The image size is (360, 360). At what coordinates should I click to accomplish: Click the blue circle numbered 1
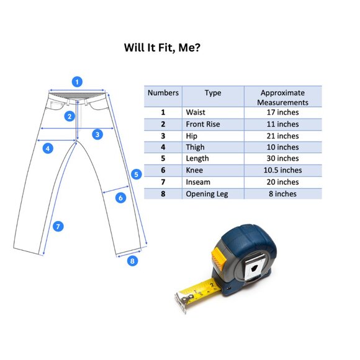[77, 82]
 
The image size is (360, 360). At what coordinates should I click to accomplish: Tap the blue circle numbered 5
[137, 174]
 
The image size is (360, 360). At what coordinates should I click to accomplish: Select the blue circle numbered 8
[132, 261]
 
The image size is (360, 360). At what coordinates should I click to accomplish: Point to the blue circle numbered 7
[58, 227]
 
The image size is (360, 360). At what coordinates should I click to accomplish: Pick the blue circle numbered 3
[97, 134]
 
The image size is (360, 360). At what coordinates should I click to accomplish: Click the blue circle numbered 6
[121, 197]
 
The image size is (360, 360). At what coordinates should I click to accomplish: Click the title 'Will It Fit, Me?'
[162, 48]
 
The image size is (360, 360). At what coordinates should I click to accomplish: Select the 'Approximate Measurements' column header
[282, 97]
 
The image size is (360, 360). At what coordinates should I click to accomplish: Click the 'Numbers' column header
[163, 92]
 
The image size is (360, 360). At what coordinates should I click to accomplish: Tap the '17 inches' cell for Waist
[282, 112]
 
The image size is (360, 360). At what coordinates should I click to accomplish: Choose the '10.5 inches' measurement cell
[282, 170]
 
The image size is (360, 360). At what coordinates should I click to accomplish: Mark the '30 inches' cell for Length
[282, 158]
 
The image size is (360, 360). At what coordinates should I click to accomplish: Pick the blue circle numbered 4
[48, 148]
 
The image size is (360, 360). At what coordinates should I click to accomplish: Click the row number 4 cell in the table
[163, 147]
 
